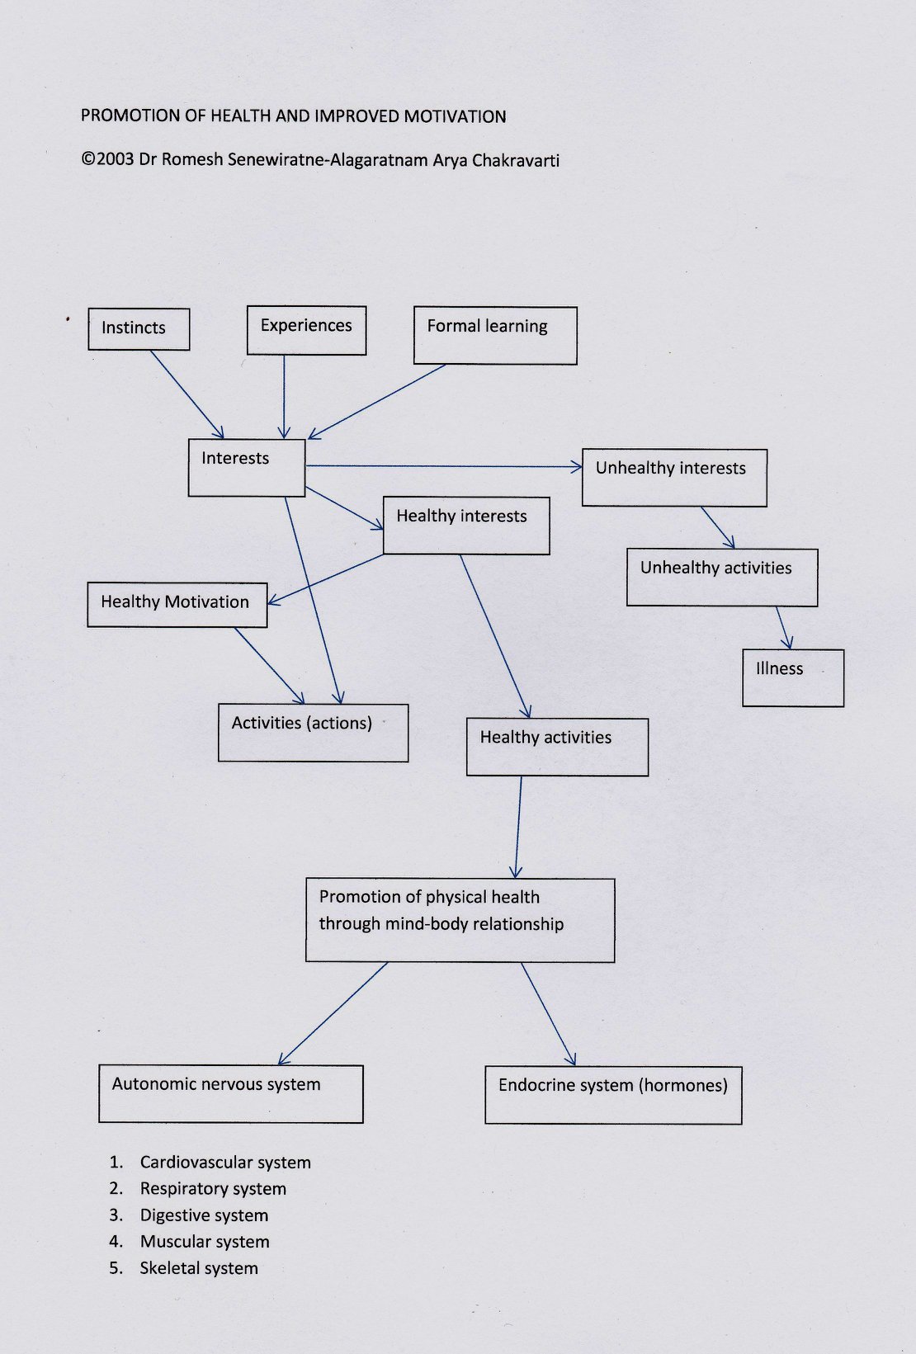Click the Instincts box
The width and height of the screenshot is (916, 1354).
click(x=139, y=329)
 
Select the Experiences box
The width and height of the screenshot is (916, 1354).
click(x=306, y=330)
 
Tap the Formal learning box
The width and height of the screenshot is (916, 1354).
click(x=495, y=336)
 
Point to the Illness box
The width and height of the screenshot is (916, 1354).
click(x=793, y=677)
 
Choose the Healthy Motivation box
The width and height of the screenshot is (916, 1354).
click(x=177, y=605)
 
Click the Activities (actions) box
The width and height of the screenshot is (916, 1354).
click(x=314, y=733)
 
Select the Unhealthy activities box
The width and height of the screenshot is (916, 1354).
click(x=722, y=578)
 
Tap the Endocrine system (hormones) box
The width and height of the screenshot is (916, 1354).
click(x=613, y=1095)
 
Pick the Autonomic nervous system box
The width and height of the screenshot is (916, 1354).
click(x=231, y=1093)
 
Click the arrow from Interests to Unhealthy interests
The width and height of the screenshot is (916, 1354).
click(x=444, y=466)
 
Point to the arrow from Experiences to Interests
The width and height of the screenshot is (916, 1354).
click(x=284, y=397)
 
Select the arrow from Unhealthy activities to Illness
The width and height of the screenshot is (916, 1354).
click(x=784, y=628)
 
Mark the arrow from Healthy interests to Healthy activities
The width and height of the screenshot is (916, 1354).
click(x=495, y=636)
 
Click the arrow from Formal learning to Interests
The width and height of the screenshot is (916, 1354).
click(x=376, y=402)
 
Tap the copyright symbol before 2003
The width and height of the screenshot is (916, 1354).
click(x=88, y=159)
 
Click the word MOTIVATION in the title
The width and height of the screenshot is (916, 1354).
click(x=455, y=116)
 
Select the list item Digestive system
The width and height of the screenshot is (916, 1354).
click(x=204, y=1215)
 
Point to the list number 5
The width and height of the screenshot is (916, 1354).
click(x=116, y=1268)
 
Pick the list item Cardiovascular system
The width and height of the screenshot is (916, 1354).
click(x=225, y=1162)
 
